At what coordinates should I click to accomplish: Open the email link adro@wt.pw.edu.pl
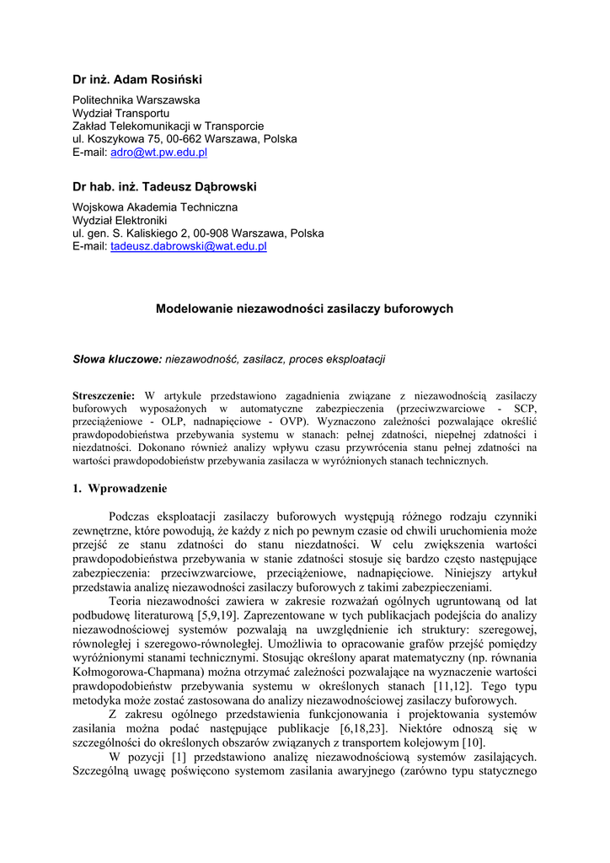tap(158, 153)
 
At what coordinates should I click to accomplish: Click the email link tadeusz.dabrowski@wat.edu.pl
tap(189, 246)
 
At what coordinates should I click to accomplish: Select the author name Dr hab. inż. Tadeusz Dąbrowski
tap(164, 186)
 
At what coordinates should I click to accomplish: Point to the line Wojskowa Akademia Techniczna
tap(155, 206)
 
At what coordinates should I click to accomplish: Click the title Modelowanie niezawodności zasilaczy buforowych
tap(304, 309)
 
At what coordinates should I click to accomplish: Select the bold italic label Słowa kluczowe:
tap(117, 359)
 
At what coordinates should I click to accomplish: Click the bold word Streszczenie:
tap(104, 395)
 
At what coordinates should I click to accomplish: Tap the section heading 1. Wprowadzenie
tap(120, 488)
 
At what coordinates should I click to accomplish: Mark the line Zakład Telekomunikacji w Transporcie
tap(168, 126)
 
